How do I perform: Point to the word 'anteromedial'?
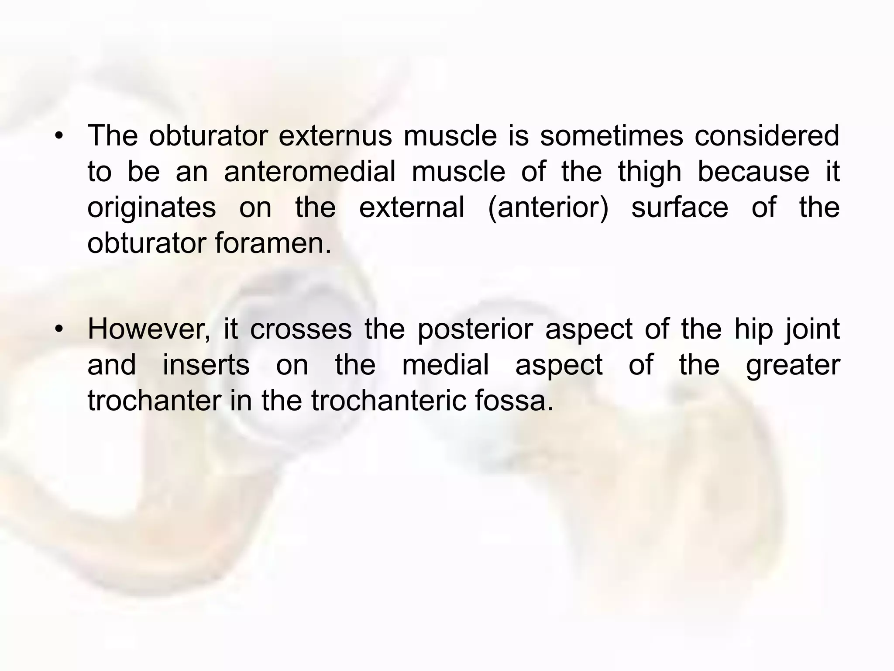(309, 171)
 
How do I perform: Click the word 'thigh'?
(650, 172)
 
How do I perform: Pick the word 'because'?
(753, 171)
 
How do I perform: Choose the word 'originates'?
(151, 208)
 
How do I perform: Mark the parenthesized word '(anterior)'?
(548, 208)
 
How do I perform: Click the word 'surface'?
(680, 207)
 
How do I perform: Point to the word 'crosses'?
(301, 329)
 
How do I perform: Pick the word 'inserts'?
(206, 365)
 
